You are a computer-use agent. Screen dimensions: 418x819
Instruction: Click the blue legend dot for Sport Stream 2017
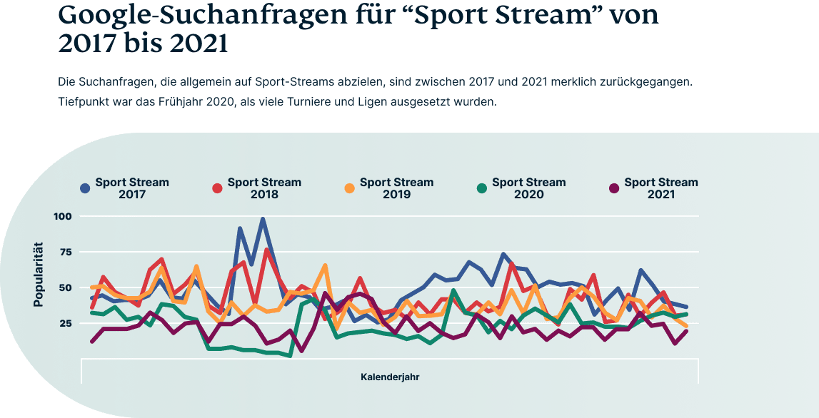tap(85, 188)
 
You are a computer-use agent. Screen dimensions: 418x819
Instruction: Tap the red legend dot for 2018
tap(217, 188)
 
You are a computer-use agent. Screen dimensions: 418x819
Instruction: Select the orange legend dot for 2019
tap(349, 188)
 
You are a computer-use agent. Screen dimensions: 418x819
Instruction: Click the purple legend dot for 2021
tap(613, 188)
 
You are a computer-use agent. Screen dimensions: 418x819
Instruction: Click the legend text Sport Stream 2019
tap(396, 188)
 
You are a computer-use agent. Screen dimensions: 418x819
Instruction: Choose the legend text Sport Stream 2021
tap(660, 188)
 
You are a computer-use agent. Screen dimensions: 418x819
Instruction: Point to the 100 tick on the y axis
tap(62, 216)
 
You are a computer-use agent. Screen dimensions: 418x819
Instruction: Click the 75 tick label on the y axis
tap(66, 252)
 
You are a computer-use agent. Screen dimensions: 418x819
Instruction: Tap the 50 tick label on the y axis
tap(66, 287)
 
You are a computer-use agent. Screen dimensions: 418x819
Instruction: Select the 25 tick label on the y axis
tap(66, 323)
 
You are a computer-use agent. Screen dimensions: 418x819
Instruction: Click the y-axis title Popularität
tap(39, 275)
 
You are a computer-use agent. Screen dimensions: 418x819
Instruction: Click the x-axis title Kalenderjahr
tap(390, 376)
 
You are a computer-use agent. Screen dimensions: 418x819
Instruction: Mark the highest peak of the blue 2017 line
tap(263, 220)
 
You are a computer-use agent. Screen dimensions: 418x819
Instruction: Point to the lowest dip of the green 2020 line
tap(289, 355)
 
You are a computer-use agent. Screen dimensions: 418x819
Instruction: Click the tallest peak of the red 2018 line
tap(266, 250)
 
